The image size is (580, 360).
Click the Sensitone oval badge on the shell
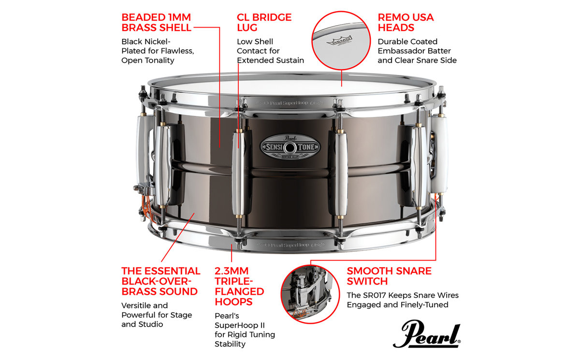[x=290, y=147]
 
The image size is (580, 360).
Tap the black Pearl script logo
[x=427, y=334]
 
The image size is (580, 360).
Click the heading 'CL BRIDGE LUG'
[x=264, y=23]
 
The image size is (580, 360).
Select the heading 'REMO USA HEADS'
[x=406, y=23]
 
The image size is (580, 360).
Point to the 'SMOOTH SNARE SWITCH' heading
[x=389, y=276]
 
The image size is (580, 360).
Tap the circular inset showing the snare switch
[x=310, y=294]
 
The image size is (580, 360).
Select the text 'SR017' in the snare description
[x=379, y=295]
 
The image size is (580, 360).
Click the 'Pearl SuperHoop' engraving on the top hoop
[x=289, y=103]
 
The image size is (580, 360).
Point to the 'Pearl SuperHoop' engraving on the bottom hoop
[x=290, y=245]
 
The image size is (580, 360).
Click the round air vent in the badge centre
[x=290, y=148]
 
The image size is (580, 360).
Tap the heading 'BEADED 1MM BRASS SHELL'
[x=157, y=23]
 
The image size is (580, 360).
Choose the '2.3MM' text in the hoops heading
[x=232, y=271]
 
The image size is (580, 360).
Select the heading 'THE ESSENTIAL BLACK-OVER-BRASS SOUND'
[x=160, y=281]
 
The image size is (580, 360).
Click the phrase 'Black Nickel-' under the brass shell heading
[x=146, y=42]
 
